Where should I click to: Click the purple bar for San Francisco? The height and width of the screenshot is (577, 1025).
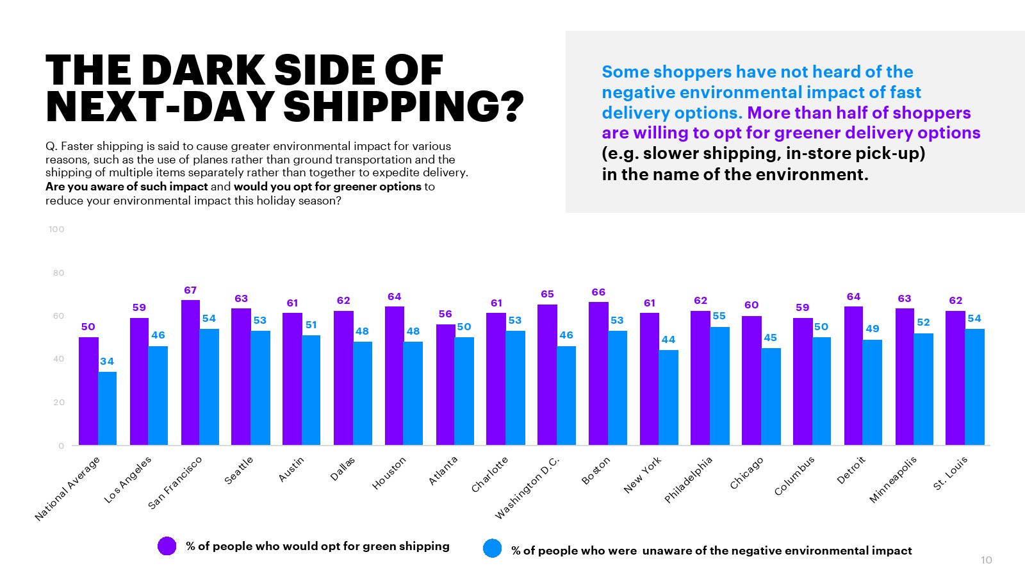pos(190,372)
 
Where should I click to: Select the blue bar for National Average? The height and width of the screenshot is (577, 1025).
pos(107,408)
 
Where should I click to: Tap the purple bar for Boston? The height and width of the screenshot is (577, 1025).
pos(598,374)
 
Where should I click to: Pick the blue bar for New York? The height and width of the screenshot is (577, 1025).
pos(668,397)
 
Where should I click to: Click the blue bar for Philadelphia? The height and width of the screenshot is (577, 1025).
pos(719,386)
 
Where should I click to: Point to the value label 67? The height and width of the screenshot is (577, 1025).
pos(190,290)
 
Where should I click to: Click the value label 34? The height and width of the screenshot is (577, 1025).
pos(107,362)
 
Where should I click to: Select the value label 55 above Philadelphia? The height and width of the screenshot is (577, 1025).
pos(719,316)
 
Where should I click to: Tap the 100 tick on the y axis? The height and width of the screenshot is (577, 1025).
pos(56,230)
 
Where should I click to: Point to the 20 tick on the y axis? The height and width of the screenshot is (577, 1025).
pos(58,403)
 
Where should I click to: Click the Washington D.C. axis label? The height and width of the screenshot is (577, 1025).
pos(527,488)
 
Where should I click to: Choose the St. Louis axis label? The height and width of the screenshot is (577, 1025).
pos(950,473)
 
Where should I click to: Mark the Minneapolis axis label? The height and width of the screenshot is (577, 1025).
pos(893,480)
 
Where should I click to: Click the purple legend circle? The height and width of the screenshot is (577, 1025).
pos(167,546)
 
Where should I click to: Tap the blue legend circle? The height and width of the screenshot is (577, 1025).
pos(493,549)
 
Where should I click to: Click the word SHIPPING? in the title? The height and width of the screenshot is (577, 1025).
pos(404,106)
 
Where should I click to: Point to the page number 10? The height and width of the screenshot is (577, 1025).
pos(987,560)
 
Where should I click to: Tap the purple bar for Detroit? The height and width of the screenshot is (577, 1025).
pos(853,376)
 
